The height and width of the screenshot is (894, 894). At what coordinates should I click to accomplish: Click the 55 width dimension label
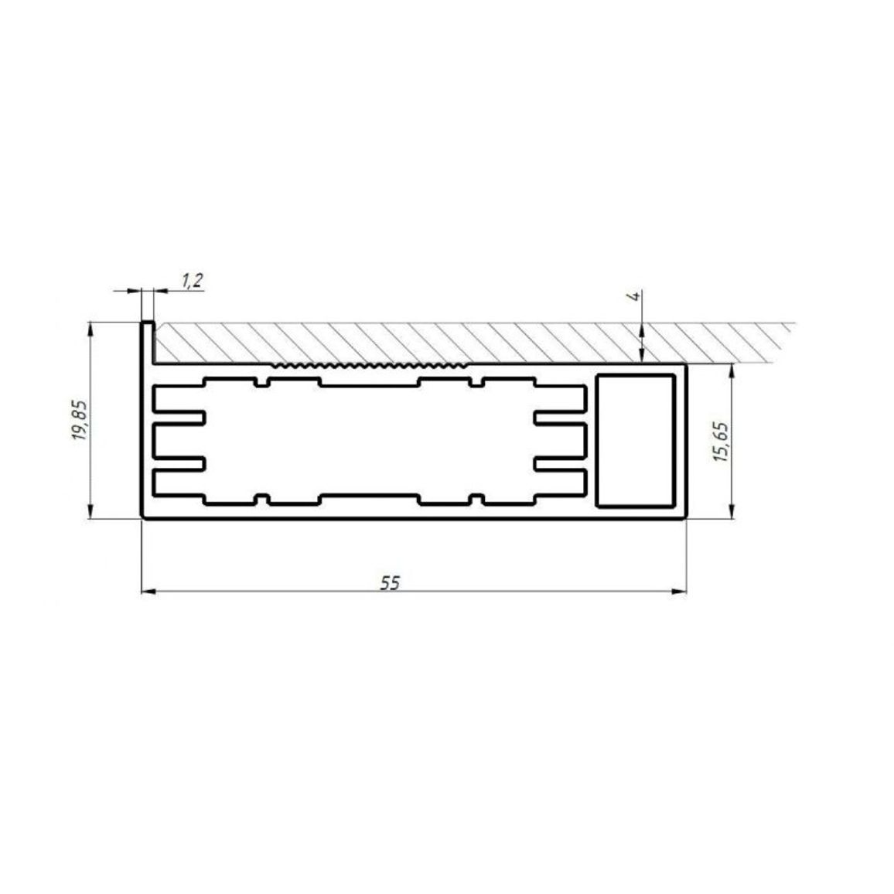[x=391, y=582]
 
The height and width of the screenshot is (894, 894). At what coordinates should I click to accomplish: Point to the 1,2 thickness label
[x=193, y=281]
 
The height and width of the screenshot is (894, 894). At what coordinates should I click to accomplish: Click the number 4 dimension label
[x=635, y=296]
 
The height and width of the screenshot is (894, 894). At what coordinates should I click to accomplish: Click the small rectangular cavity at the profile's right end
[x=635, y=441]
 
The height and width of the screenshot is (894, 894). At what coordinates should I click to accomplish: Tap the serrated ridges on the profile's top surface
[x=370, y=363]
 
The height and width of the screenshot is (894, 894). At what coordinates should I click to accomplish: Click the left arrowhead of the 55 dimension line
[x=148, y=592]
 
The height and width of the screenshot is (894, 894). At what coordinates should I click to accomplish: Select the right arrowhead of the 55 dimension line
[x=680, y=592]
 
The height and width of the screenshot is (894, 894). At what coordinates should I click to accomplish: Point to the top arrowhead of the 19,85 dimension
[x=90, y=329]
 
